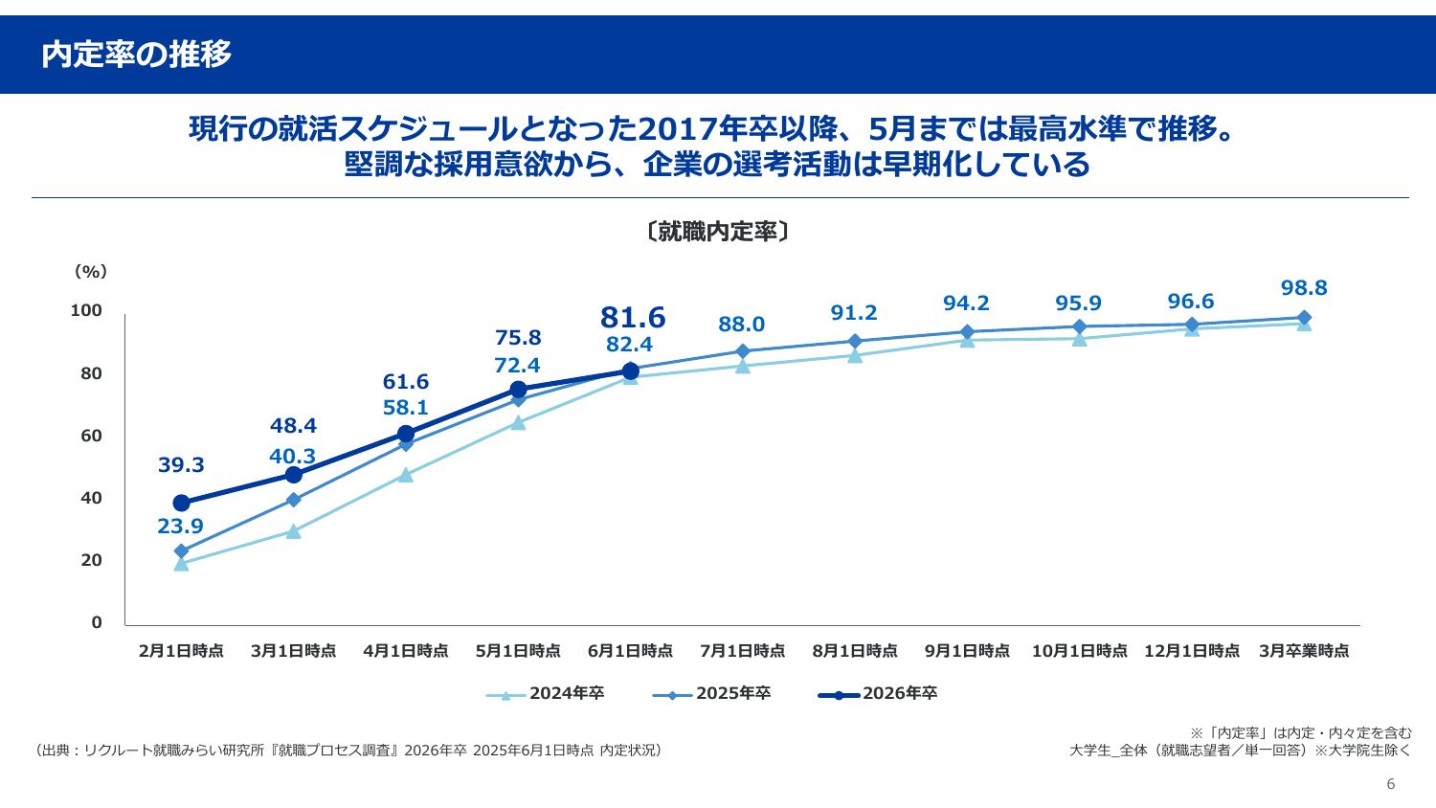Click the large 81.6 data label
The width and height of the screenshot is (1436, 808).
633,317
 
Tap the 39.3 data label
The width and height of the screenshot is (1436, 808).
181,465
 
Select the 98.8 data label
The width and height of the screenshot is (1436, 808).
1304,288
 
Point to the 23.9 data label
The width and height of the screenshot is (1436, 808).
180,526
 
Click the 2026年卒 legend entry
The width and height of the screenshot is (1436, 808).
878,693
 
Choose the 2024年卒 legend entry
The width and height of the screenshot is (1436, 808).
546,693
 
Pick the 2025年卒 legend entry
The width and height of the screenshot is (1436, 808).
712,693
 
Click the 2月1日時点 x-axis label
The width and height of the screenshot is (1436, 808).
181,651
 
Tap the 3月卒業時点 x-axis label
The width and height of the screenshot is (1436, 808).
1304,651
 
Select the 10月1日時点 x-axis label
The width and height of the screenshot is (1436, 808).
1079,651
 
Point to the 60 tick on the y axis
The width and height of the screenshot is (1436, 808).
91,436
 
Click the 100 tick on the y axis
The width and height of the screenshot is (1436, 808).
86,311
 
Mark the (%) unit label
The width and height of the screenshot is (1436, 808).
90,272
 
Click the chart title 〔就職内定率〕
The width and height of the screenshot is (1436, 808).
717,232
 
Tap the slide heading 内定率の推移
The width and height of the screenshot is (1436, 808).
136,55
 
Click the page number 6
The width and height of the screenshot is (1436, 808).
1391,784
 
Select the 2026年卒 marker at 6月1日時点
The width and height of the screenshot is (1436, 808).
630,371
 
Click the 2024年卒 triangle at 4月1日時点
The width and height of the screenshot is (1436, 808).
406,475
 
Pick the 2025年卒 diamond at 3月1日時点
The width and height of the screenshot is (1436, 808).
294,500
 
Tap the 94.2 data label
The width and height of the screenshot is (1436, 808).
966,303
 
